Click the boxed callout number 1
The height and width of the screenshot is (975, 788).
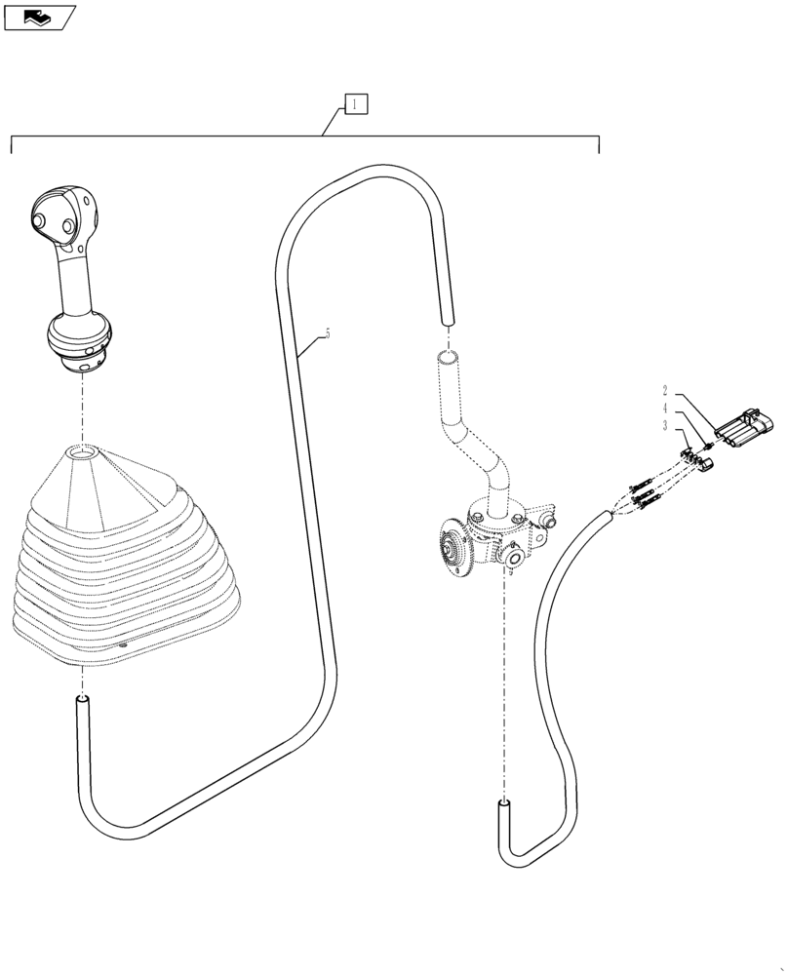[355, 103]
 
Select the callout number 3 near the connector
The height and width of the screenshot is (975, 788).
[665, 426]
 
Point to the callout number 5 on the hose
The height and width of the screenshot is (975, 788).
[327, 334]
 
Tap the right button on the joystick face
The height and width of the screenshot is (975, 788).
[67, 227]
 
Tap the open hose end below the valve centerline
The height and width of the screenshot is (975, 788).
[504, 805]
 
